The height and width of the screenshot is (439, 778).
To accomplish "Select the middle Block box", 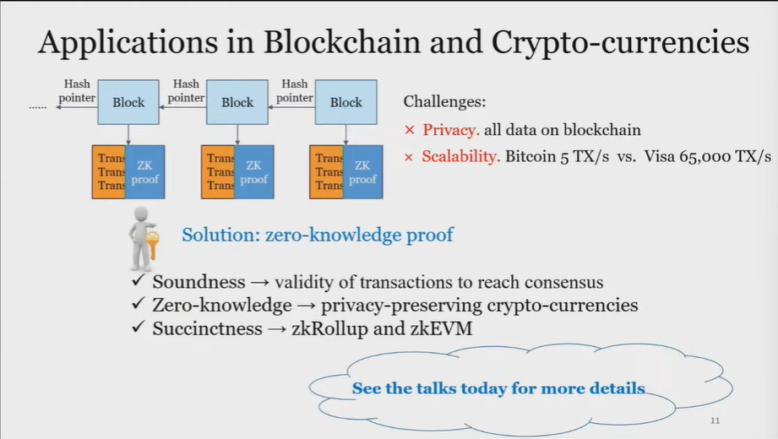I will tap(237, 102).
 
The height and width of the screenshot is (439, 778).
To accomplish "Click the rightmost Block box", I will tap(345, 102).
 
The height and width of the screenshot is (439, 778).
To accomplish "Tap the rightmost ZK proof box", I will tap(362, 172).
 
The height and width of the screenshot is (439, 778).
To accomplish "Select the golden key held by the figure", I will tap(153, 245).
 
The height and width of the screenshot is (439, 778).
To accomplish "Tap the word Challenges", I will tap(444, 102).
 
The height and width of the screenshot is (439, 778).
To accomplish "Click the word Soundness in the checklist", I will tap(199, 282).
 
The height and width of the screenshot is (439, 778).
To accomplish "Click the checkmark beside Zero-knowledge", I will tap(139, 305).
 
